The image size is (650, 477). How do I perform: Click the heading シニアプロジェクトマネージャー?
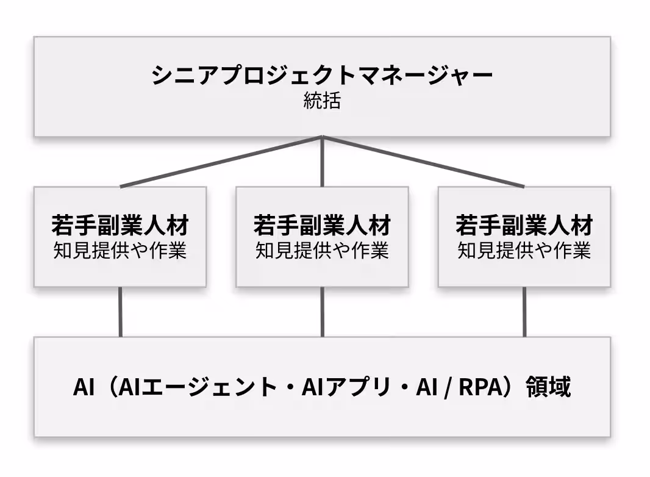coord(321,76)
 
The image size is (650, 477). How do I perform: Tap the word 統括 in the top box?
coord(321,101)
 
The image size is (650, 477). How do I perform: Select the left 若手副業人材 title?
coord(120,226)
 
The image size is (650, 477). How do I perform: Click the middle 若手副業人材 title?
coord(322,226)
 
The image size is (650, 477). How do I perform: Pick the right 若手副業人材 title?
coord(524,226)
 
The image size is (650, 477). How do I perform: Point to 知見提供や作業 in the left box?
coord(120,250)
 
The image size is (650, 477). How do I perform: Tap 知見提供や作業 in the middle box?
coord(322,250)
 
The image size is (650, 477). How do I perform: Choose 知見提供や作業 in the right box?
coord(524,250)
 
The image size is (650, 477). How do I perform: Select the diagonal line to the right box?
coord(424,162)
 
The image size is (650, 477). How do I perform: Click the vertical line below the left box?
coord(120,312)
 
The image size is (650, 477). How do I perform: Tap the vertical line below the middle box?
coord(322,312)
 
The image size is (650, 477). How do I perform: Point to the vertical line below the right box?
coord(524,312)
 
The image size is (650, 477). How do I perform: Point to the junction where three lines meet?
coord(322,138)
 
